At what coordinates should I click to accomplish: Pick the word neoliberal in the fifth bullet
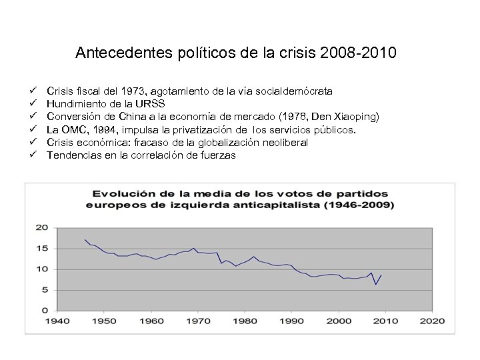tap(277, 142)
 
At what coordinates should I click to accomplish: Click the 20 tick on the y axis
tap(42, 227)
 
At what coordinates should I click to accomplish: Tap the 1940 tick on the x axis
tap(57, 321)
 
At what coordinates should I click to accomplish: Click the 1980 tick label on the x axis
tap(245, 321)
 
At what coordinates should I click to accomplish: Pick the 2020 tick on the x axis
tap(433, 321)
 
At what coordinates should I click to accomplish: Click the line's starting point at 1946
tap(85, 239)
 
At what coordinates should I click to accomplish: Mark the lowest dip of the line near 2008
tap(376, 285)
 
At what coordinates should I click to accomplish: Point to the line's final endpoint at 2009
tap(381, 275)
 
